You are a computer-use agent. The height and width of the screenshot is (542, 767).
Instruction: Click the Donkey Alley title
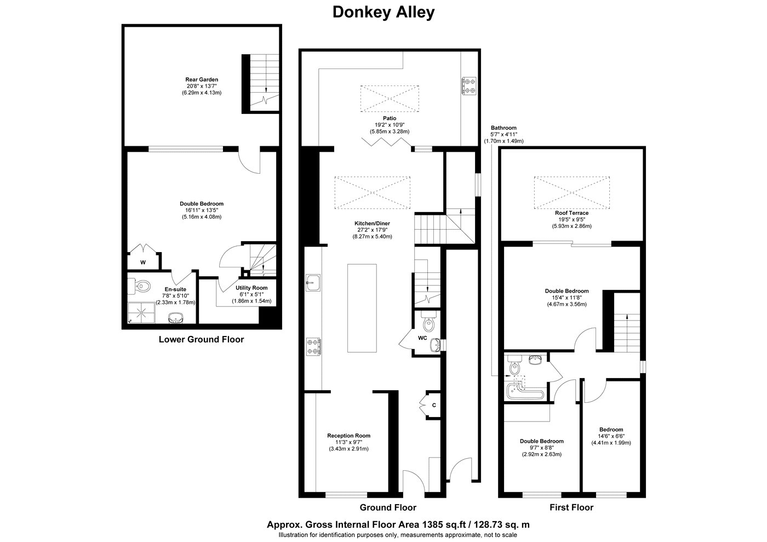[x=383, y=13]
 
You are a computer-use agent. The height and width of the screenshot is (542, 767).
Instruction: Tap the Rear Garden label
[x=202, y=79]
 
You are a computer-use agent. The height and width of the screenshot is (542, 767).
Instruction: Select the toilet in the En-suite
[x=139, y=286]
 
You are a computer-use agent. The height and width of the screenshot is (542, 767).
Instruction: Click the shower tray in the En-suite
[x=141, y=312]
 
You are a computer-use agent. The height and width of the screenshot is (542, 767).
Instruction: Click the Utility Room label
[x=251, y=288]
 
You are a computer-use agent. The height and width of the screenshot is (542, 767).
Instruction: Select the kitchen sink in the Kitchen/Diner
[x=313, y=283]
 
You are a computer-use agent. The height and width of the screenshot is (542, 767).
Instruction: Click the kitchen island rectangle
[x=362, y=308]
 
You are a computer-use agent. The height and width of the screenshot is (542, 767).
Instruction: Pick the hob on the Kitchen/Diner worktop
[x=313, y=347]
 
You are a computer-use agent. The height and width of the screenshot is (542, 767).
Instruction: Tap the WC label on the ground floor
[x=422, y=338]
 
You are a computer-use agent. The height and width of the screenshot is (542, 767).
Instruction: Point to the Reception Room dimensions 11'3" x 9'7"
[x=349, y=442]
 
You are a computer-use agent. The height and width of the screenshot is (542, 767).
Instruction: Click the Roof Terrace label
[x=572, y=213]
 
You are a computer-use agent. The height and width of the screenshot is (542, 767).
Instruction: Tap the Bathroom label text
[x=503, y=128]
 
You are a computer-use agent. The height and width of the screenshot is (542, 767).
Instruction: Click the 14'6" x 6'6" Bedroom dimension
[x=611, y=436]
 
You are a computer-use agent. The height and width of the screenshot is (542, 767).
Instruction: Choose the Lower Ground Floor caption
[x=202, y=339]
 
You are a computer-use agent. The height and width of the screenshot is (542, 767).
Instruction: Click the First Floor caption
[x=571, y=507]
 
